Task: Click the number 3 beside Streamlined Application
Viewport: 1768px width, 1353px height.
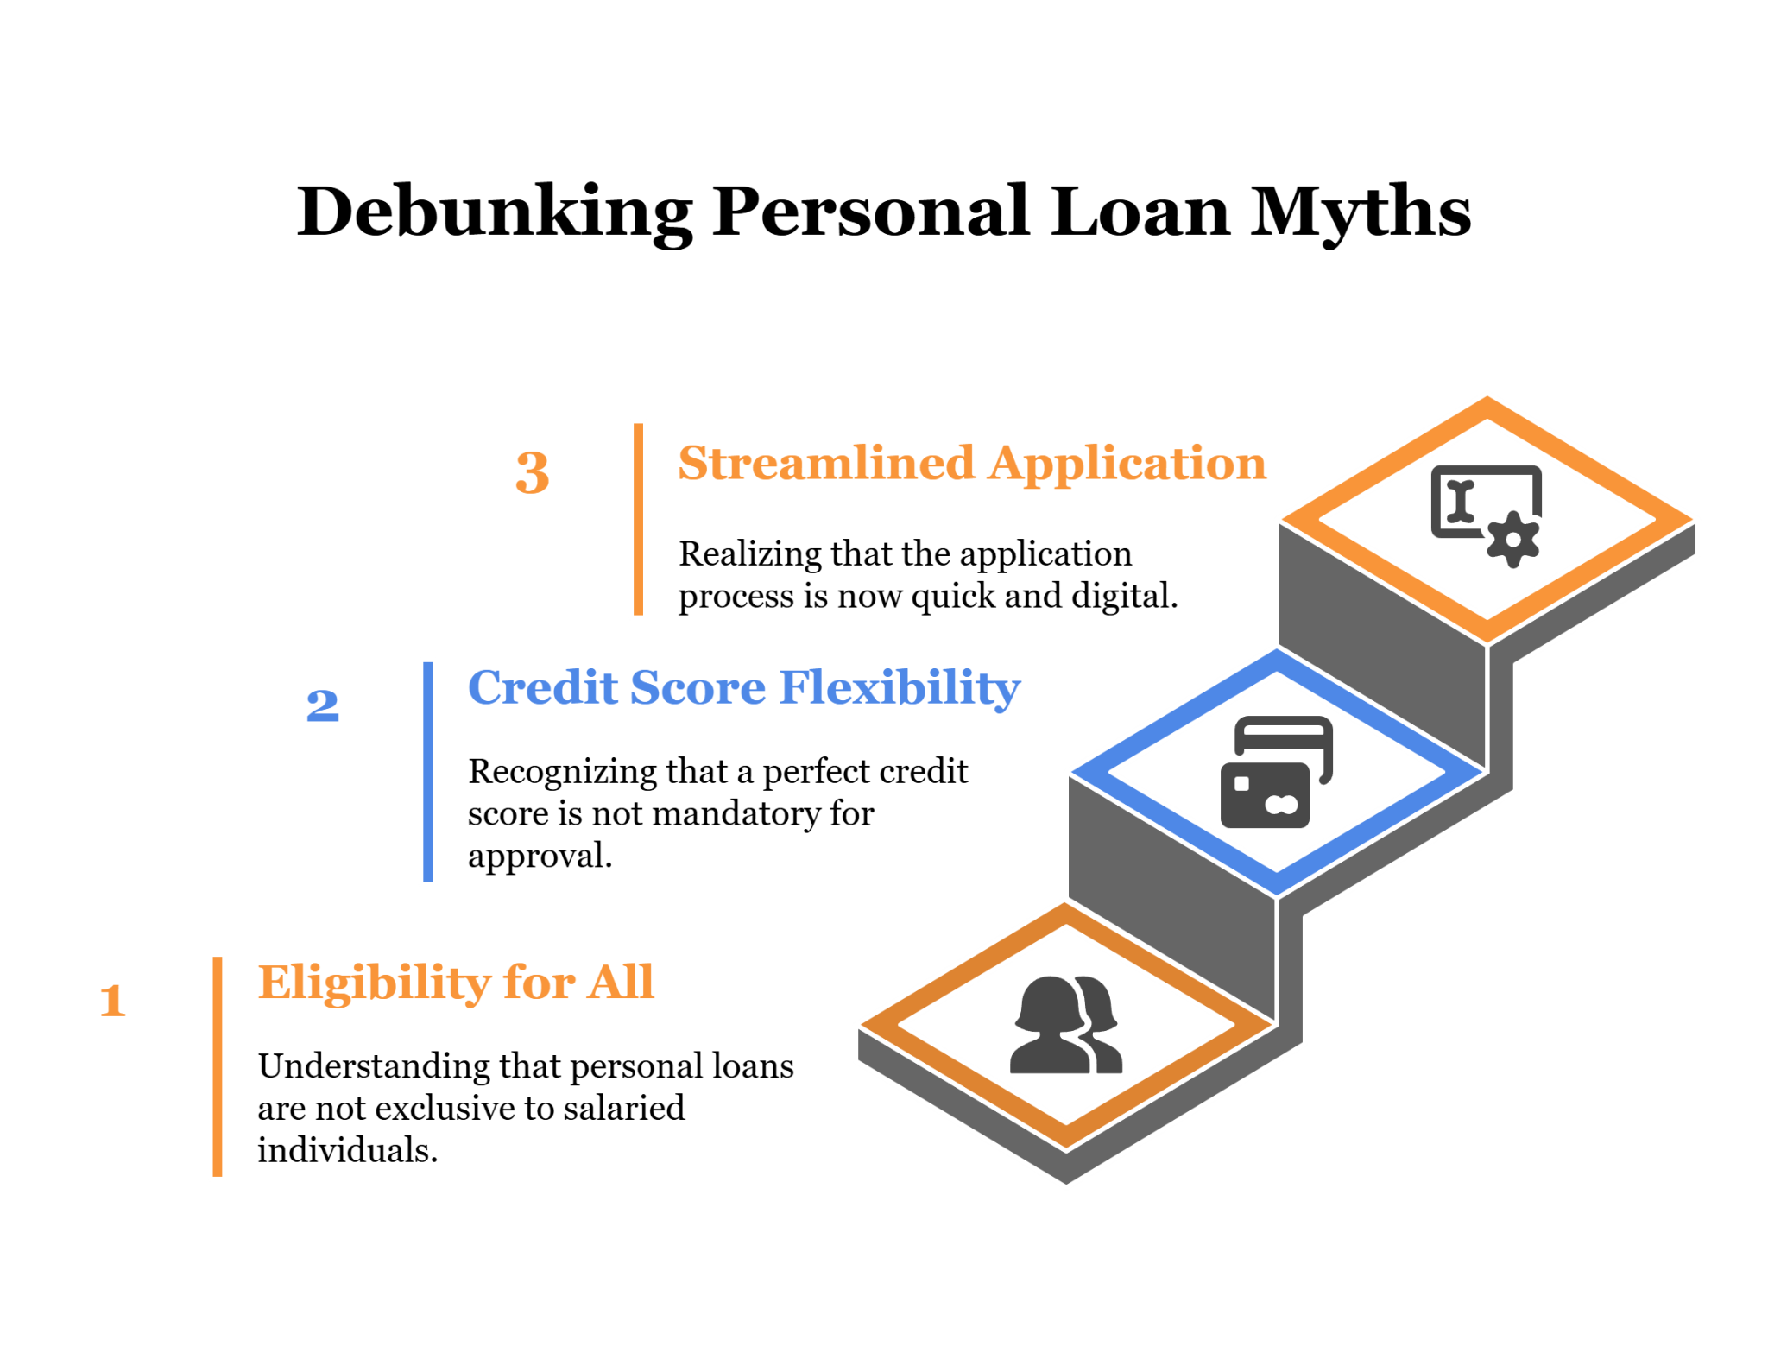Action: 532,472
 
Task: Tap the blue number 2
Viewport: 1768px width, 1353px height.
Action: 322,705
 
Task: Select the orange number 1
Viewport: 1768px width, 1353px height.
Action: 113,1001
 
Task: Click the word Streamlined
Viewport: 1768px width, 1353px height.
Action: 826,464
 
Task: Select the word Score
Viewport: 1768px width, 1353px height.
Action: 698,688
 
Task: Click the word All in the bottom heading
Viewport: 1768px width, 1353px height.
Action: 620,983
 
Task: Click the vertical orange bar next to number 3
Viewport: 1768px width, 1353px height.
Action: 638,520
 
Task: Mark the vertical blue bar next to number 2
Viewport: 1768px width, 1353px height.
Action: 427,772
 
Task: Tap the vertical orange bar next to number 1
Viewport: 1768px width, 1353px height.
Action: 218,1066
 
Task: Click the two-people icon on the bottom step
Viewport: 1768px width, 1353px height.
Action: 1066,1026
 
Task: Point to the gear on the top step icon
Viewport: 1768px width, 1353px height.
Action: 1512,540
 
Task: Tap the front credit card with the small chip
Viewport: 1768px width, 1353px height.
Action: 1265,795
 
